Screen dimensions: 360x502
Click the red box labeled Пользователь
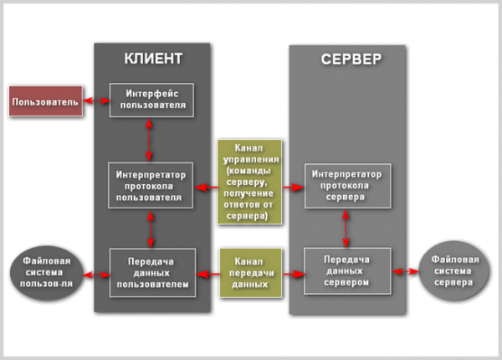pyautogui.click(x=45, y=102)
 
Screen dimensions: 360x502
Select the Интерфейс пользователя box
pyautogui.click(x=151, y=99)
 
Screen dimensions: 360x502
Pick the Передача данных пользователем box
pyautogui.click(x=151, y=272)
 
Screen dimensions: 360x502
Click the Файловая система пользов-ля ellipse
pyautogui.click(x=47, y=272)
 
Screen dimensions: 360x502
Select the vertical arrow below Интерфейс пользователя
pyautogui.click(x=150, y=139)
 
